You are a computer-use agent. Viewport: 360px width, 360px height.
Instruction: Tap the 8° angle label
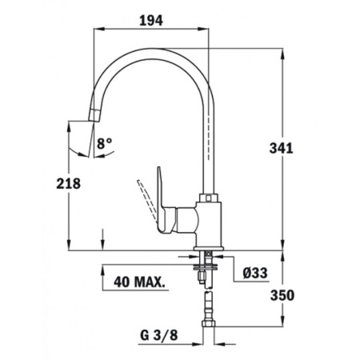pyautogui.click(x=105, y=145)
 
